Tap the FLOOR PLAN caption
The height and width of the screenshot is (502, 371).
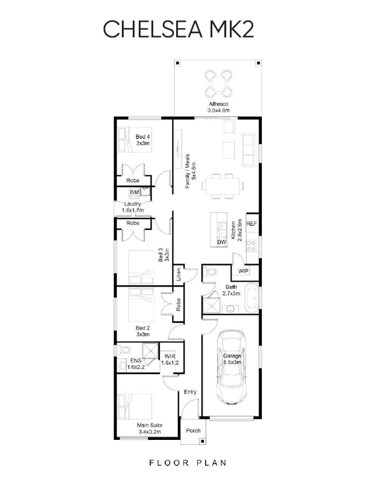pyautogui.click(x=187, y=463)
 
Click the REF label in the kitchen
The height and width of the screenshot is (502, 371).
pyautogui.click(x=252, y=223)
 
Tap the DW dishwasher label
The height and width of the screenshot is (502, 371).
pyautogui.click(x=221, y=242)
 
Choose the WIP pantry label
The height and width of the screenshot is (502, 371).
pyautogui.click(x=243, y=271)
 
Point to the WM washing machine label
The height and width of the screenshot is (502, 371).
pyautogui.click(x=135, y=192)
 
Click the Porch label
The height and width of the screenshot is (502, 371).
pyautogui.click(x=193, y=431)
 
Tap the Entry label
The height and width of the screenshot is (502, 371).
pyautogui.click(x=190, y=392)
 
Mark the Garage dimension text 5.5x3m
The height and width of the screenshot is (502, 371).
pyautogui.click(x=233, y=362)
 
